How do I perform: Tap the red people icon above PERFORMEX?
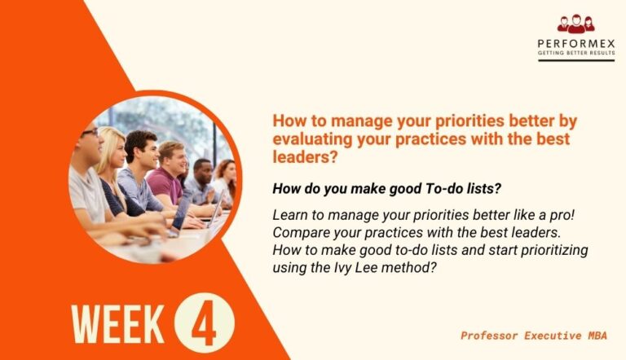click(x=576, y=24)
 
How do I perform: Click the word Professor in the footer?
click(x=492, y=335)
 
